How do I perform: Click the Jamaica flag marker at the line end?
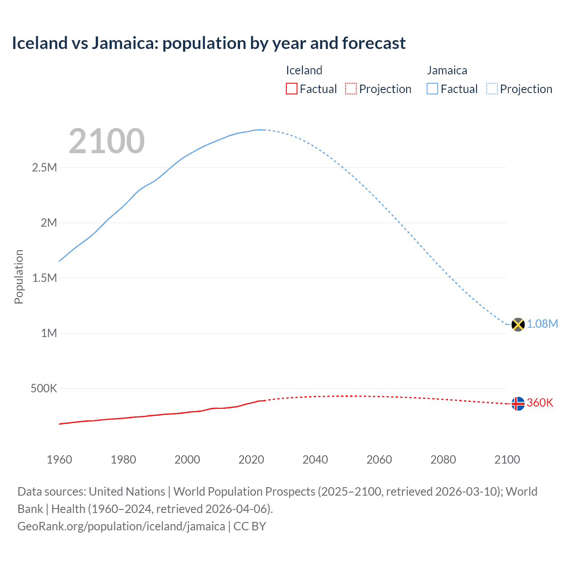click(518, 325)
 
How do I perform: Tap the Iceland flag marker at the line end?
click(518, 403)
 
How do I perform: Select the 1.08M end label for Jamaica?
click(542, 324)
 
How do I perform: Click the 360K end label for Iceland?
click(540, 403)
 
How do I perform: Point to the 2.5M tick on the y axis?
click(45, 168)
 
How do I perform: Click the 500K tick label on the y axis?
click(44, 388)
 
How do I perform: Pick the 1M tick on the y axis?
click(49, 333)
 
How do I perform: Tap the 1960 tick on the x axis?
click(59, 460)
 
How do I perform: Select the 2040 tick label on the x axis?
click(315, 460)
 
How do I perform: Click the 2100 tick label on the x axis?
click(507, 460)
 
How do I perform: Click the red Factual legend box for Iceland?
click(292, 89)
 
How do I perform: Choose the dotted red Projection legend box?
click(351, 89)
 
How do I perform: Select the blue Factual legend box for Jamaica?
click(432, 89)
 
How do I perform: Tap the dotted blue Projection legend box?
click(492, 89)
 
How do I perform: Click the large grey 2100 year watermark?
click(106, 141)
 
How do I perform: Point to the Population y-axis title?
click(19, 277)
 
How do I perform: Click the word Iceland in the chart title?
click(39, 43)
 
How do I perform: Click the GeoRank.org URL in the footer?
click(121, 526)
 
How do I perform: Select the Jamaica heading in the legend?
click(447, 70)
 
